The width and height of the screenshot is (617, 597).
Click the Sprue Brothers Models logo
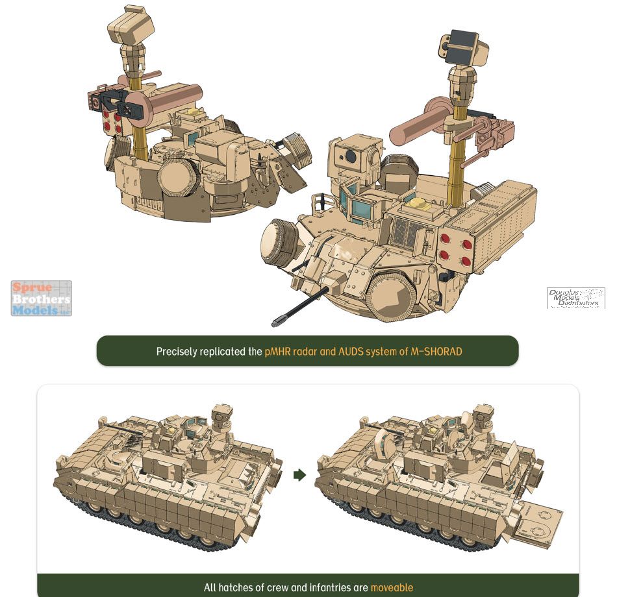pos(42,298)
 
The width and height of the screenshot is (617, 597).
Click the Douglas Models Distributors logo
pos(575,298)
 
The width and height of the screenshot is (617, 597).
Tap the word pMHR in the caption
pos(278,351)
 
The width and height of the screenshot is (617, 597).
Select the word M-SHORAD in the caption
pos(436,351)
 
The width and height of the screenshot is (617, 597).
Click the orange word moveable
pos(392,587)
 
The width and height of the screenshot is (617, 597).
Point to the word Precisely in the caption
pos(176,352)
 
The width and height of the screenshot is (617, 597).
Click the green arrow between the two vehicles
pos(300,475)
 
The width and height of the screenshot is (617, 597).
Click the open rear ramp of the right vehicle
pos(539,523)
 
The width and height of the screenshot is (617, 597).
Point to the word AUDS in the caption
pos(351,351)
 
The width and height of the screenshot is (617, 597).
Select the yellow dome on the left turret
pos(193,112)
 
